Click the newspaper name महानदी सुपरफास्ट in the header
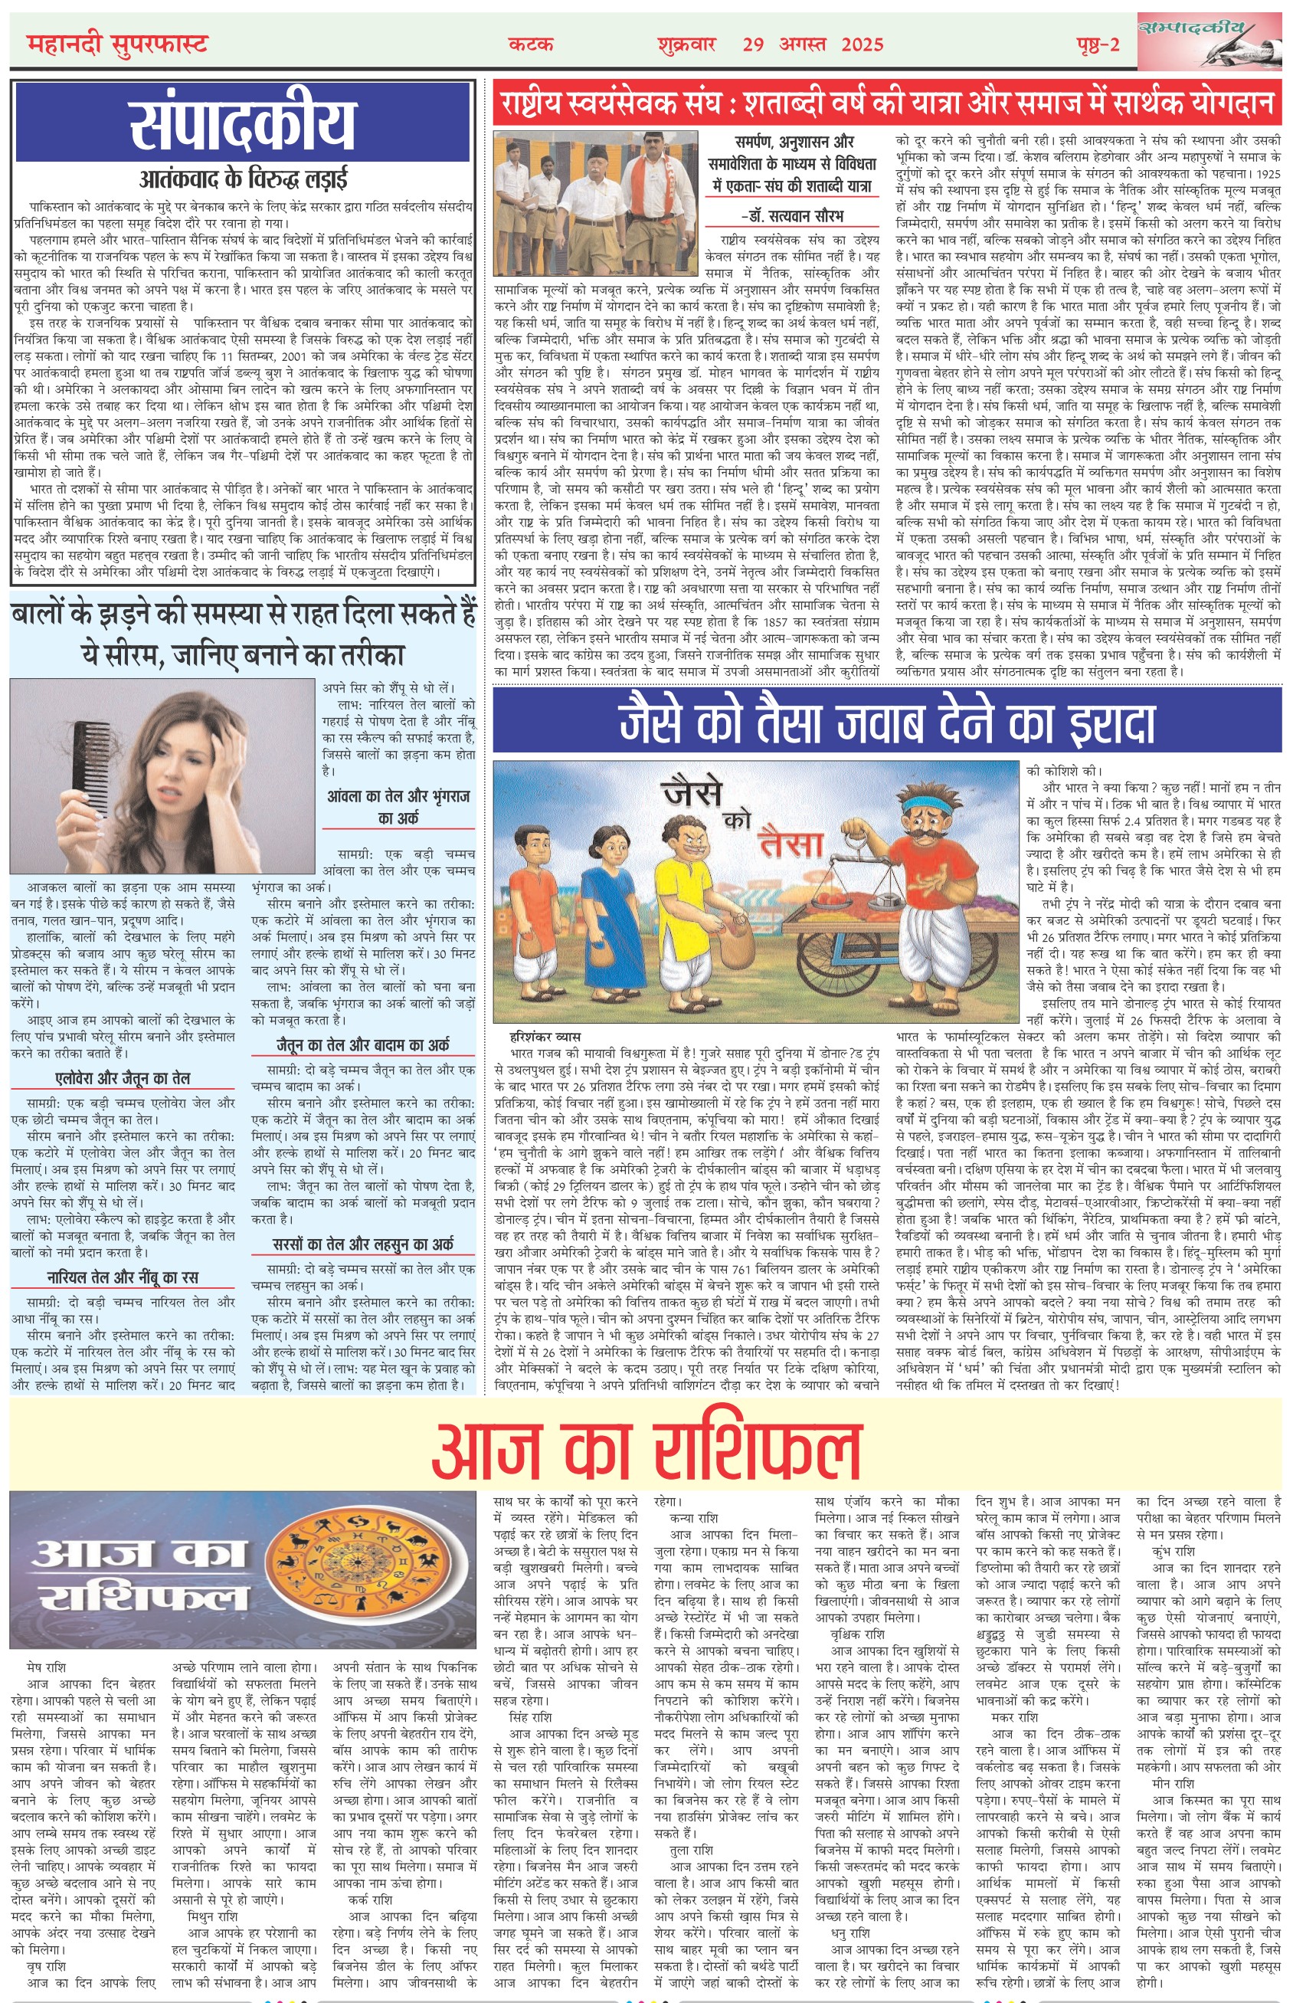(116, 44)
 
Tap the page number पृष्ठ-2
(1098, 44)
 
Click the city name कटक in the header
(531, 44)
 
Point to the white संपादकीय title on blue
(243, 124)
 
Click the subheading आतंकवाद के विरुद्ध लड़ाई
(243, 179)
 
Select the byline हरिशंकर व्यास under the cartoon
(545, 1038)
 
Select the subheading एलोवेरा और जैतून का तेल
(123, 1078)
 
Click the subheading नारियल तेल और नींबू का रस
(123, 1277)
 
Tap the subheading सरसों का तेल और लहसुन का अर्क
(363, 1244)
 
